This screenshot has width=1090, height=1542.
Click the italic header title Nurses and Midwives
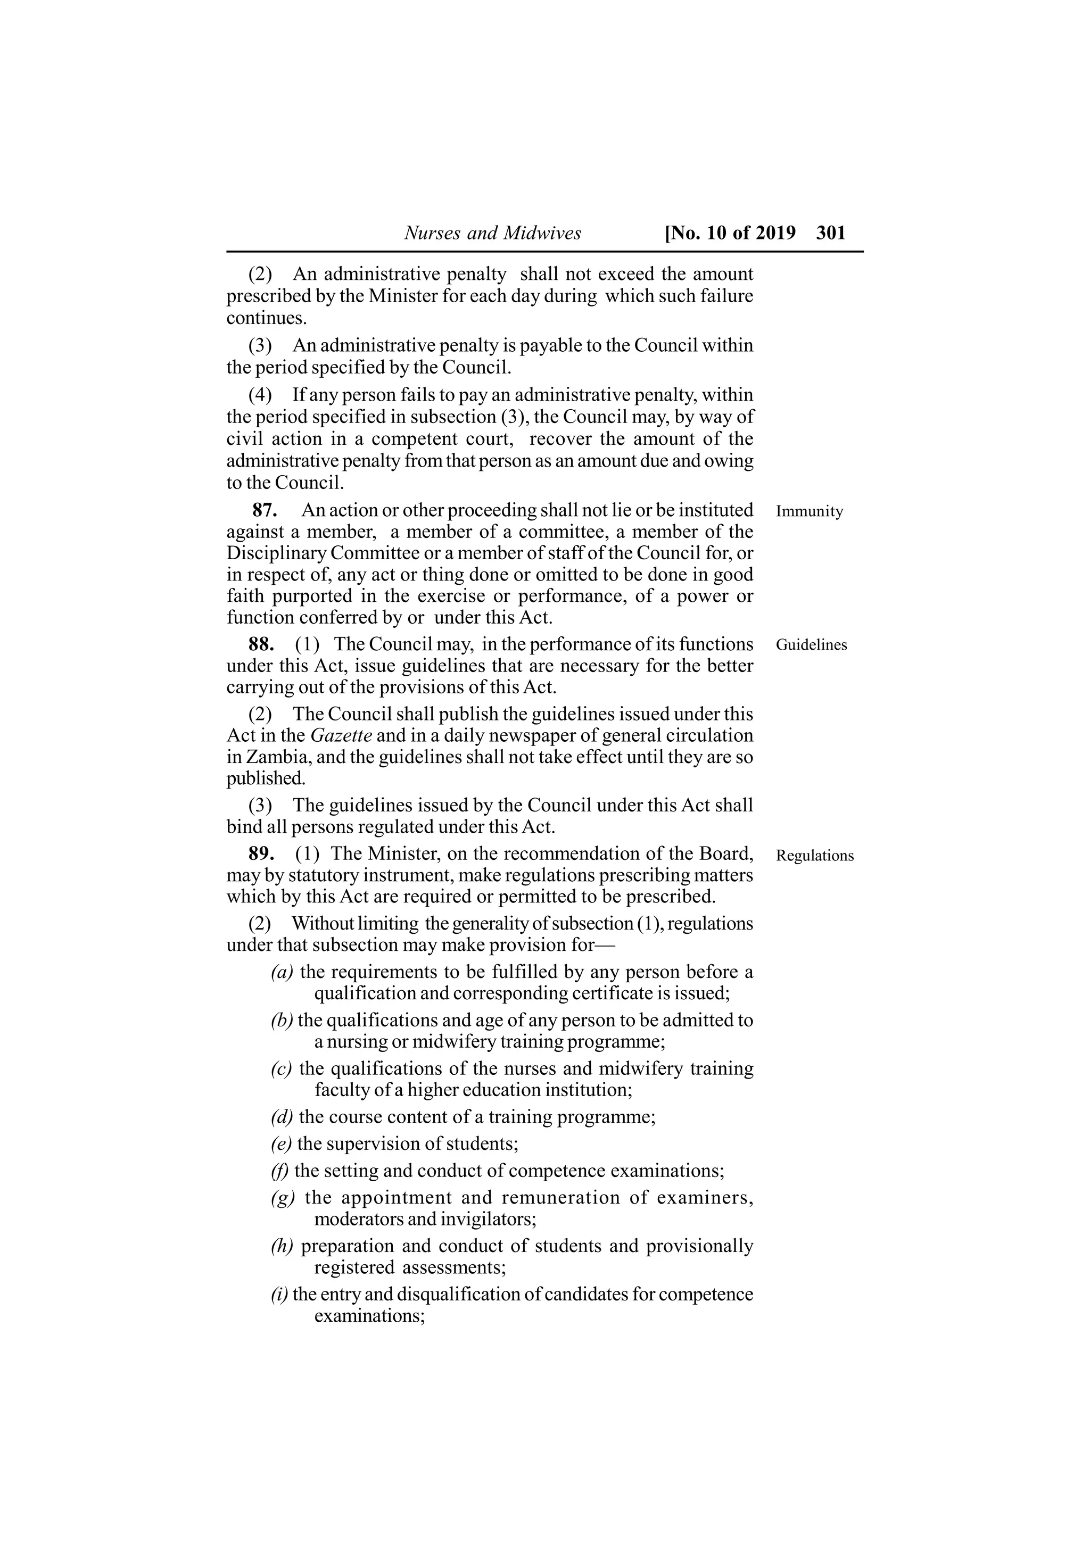coord(492,233)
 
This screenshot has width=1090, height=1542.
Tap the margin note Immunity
coord(810,511)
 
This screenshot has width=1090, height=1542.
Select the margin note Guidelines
coord(811,645)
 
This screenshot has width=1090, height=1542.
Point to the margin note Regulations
coord(815,856)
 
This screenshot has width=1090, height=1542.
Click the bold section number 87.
coord(265,510)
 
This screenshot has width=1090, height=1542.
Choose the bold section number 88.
coord(261,644)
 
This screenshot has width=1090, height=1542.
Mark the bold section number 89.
coord(261,853)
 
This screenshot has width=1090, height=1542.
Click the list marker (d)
coord(282,1117)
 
